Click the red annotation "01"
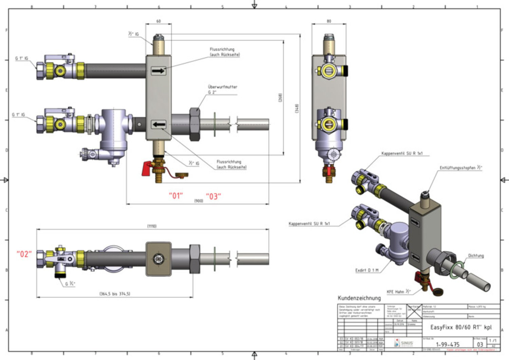point(176,196)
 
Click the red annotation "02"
point(24,254)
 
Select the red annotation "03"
point(213,196)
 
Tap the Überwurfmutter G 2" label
point(222,89)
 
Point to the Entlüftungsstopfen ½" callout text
point(460,168)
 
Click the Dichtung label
point(476,255)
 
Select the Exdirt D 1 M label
point(366,270)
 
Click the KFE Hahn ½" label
point(398,291)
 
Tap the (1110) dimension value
point(152,226)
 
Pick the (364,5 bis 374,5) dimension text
point(115,293)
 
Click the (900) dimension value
point(199,201)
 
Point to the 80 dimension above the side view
point(328,21)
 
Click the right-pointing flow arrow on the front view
point(158,71)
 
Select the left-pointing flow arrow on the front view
point(158,125)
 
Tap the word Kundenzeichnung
point(359,298)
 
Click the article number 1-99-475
point(448,344)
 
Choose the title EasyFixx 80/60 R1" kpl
point(461,327)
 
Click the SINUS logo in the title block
point(404,343)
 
